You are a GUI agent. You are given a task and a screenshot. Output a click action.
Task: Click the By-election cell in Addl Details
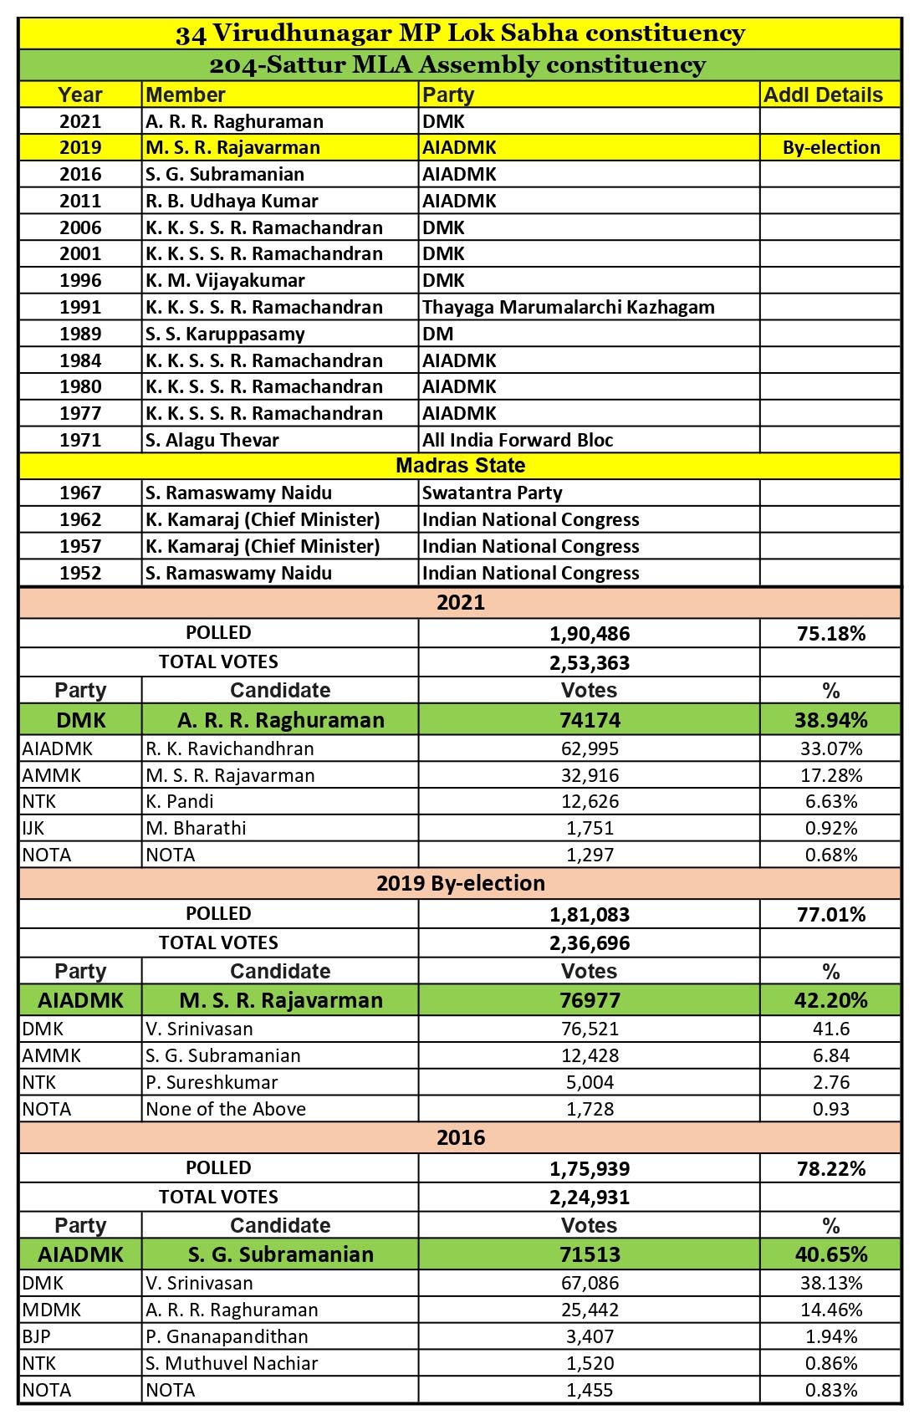(830, 148)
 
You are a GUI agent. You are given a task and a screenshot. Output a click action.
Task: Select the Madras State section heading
(460, 466)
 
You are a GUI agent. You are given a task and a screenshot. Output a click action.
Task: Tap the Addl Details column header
(823, 95)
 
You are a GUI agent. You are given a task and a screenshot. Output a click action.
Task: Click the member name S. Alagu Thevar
(212, 440)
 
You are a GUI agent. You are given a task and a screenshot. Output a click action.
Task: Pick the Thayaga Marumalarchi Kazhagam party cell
(568, 307)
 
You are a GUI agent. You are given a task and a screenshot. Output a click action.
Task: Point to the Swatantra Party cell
(492, 493)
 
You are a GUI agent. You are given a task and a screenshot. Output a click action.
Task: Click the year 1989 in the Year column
(80, 334)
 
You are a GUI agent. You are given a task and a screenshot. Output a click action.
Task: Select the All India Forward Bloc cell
(518, 440)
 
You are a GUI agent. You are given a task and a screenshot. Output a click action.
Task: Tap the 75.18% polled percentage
(830, 633)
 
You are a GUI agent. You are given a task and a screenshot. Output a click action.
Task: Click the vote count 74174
(590, 720)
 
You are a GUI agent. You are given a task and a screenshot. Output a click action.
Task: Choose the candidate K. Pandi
(180, 801)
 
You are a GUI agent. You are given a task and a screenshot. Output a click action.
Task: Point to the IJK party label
(33, 828)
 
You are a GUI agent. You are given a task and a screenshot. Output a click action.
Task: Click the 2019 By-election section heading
(460, 883)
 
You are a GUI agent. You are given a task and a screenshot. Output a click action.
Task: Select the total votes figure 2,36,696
(590, 943)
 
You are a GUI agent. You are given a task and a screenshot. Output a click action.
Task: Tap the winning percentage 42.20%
(830, 1000)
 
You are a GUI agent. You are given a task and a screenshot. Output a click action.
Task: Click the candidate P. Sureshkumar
(212, 1082)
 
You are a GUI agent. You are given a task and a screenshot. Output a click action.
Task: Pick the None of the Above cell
(226, 1109)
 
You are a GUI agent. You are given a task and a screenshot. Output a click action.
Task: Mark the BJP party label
(36, 1336)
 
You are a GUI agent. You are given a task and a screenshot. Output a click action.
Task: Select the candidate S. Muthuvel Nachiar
(232, 1363)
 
